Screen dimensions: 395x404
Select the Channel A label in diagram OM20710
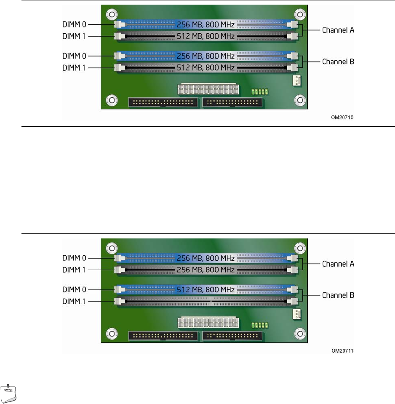click(x=338, y=30)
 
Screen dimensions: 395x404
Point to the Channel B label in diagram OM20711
click(x=338, y=295)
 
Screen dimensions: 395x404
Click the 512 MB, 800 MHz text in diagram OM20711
click(x=206, y=289)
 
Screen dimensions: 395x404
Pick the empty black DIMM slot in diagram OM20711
click(x=206, y=301)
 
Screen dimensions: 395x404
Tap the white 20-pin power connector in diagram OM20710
click(x=208, y=89)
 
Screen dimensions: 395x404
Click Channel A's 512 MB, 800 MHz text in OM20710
click(x=206, y=37)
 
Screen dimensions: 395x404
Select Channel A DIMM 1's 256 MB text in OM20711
click(x=206, y=270)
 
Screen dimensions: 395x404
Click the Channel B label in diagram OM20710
click(x=338, y=62)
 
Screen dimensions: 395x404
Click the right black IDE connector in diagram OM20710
click(x=232, y=102)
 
